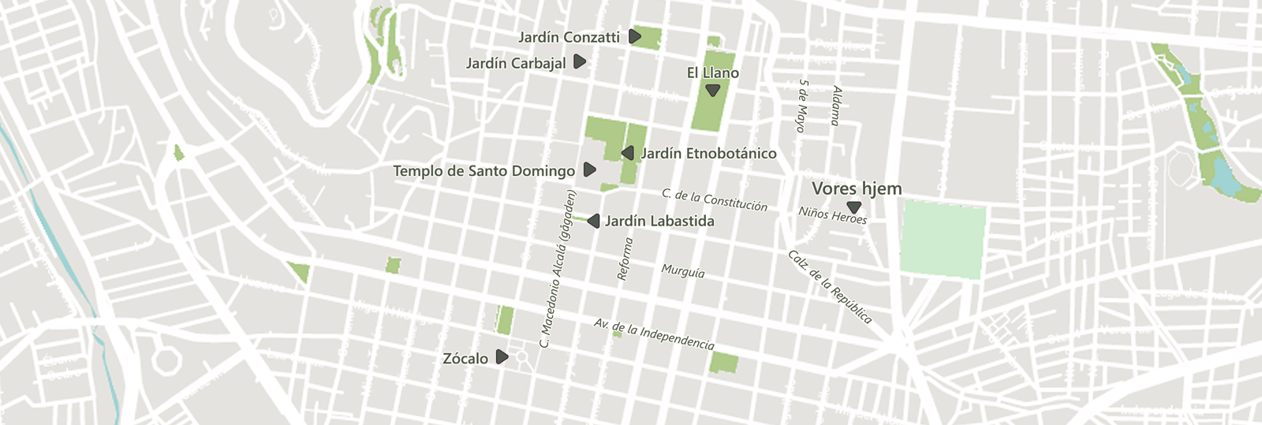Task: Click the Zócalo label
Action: click(x=465, y=359)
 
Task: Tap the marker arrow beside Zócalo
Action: click(x=502, y=357)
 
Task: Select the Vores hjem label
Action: click(x=857, y=188)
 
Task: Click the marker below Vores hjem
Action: click(x=853, y=207)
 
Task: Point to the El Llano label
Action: click(x=712, y=73)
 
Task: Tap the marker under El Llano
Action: click(x=713, y=91)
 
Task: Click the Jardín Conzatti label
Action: click(x=569, y=37)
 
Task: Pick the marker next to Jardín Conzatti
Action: click(x=635, y=36)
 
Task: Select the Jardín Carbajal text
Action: click(x=516, y=63)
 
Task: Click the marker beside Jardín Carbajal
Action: click(x=580, y=62)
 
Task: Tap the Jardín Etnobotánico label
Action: click(x=708, y=154)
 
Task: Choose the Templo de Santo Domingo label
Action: click(x=484, y=171)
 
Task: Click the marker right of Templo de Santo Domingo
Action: click(x=589, y=170)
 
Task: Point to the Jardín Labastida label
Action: click(x=659, y=222)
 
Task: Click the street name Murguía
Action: click(x=683, y=271)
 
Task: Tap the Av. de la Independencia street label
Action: click(x=654, y=334)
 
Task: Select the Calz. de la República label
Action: click(x=830, y=287)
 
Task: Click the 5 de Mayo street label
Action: click(x=803, y=105)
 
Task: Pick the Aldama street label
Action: click(x=836, y=106)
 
